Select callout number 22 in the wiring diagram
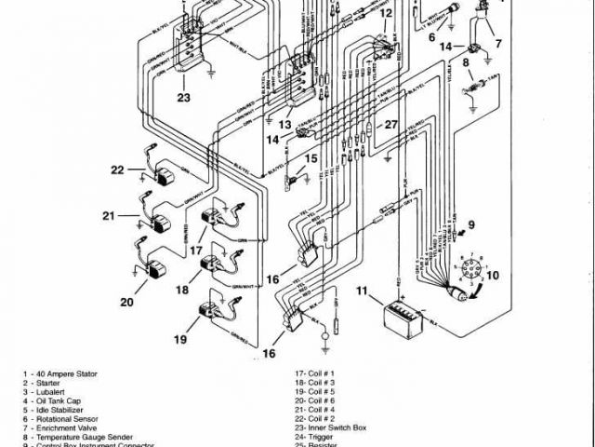click(116, 169)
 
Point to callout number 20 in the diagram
click(126, 301)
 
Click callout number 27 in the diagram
click(391, 125)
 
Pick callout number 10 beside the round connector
click(492, 275)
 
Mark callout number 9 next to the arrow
click(470, 224)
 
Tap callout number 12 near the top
click(386, 14)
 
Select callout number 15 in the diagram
click(311, 158)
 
